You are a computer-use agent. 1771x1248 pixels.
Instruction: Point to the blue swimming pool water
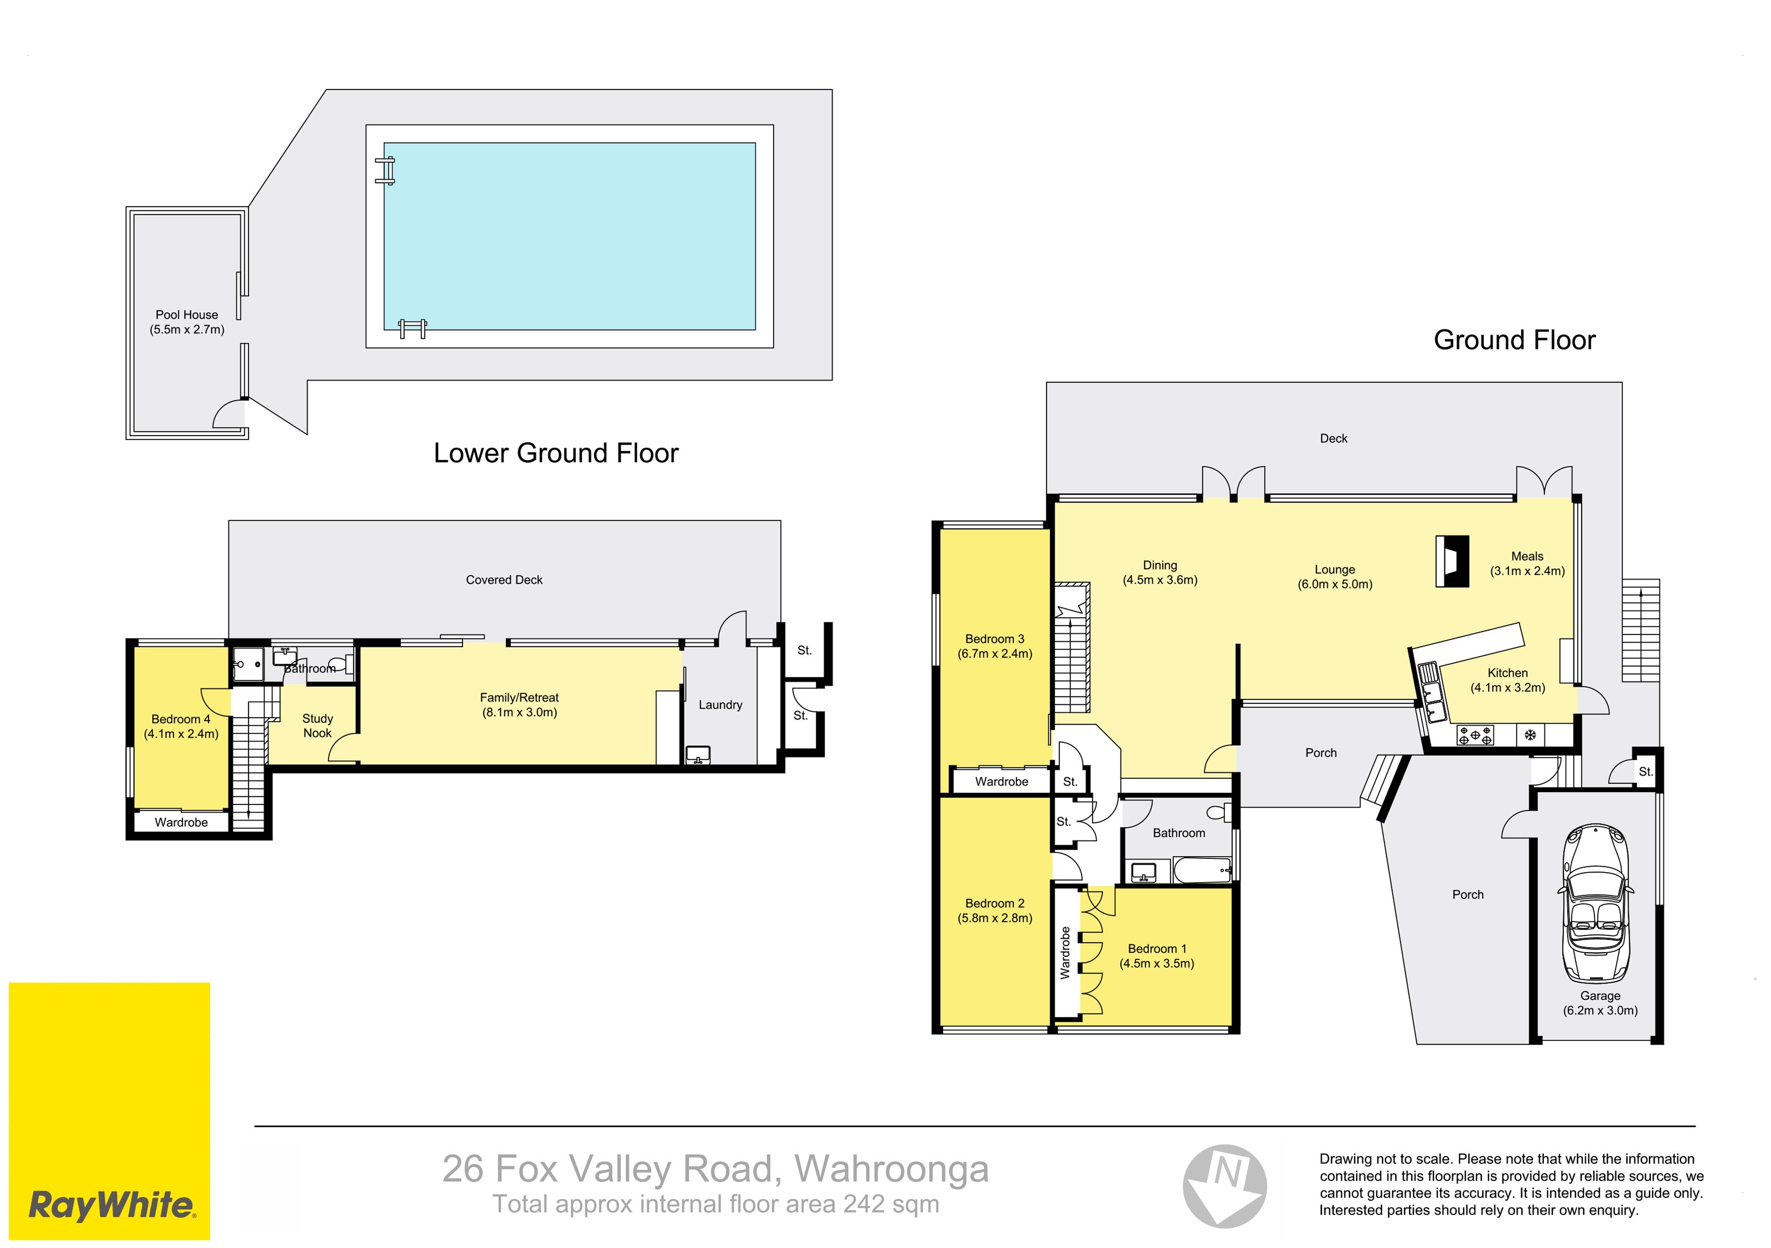pos(569,236)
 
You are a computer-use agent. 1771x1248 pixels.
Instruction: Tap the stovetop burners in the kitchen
pos(1475,735)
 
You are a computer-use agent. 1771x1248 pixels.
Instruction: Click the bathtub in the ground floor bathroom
pos(1202,871)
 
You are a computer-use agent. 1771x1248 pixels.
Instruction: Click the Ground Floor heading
pos(1514,340)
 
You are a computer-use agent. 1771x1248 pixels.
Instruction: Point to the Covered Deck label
pos(504,580)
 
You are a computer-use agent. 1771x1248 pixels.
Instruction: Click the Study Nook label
pos(317,725)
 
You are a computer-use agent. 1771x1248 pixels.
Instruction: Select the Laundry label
pos(720,704)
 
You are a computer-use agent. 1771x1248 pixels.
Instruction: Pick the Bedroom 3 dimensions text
pos(995,654)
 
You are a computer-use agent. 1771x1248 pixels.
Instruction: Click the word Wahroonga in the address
pos(892,1169)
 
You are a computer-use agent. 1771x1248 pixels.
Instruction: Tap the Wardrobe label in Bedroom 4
pos(181,823)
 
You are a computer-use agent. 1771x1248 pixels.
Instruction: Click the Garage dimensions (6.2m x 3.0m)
pos(1600,1011)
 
